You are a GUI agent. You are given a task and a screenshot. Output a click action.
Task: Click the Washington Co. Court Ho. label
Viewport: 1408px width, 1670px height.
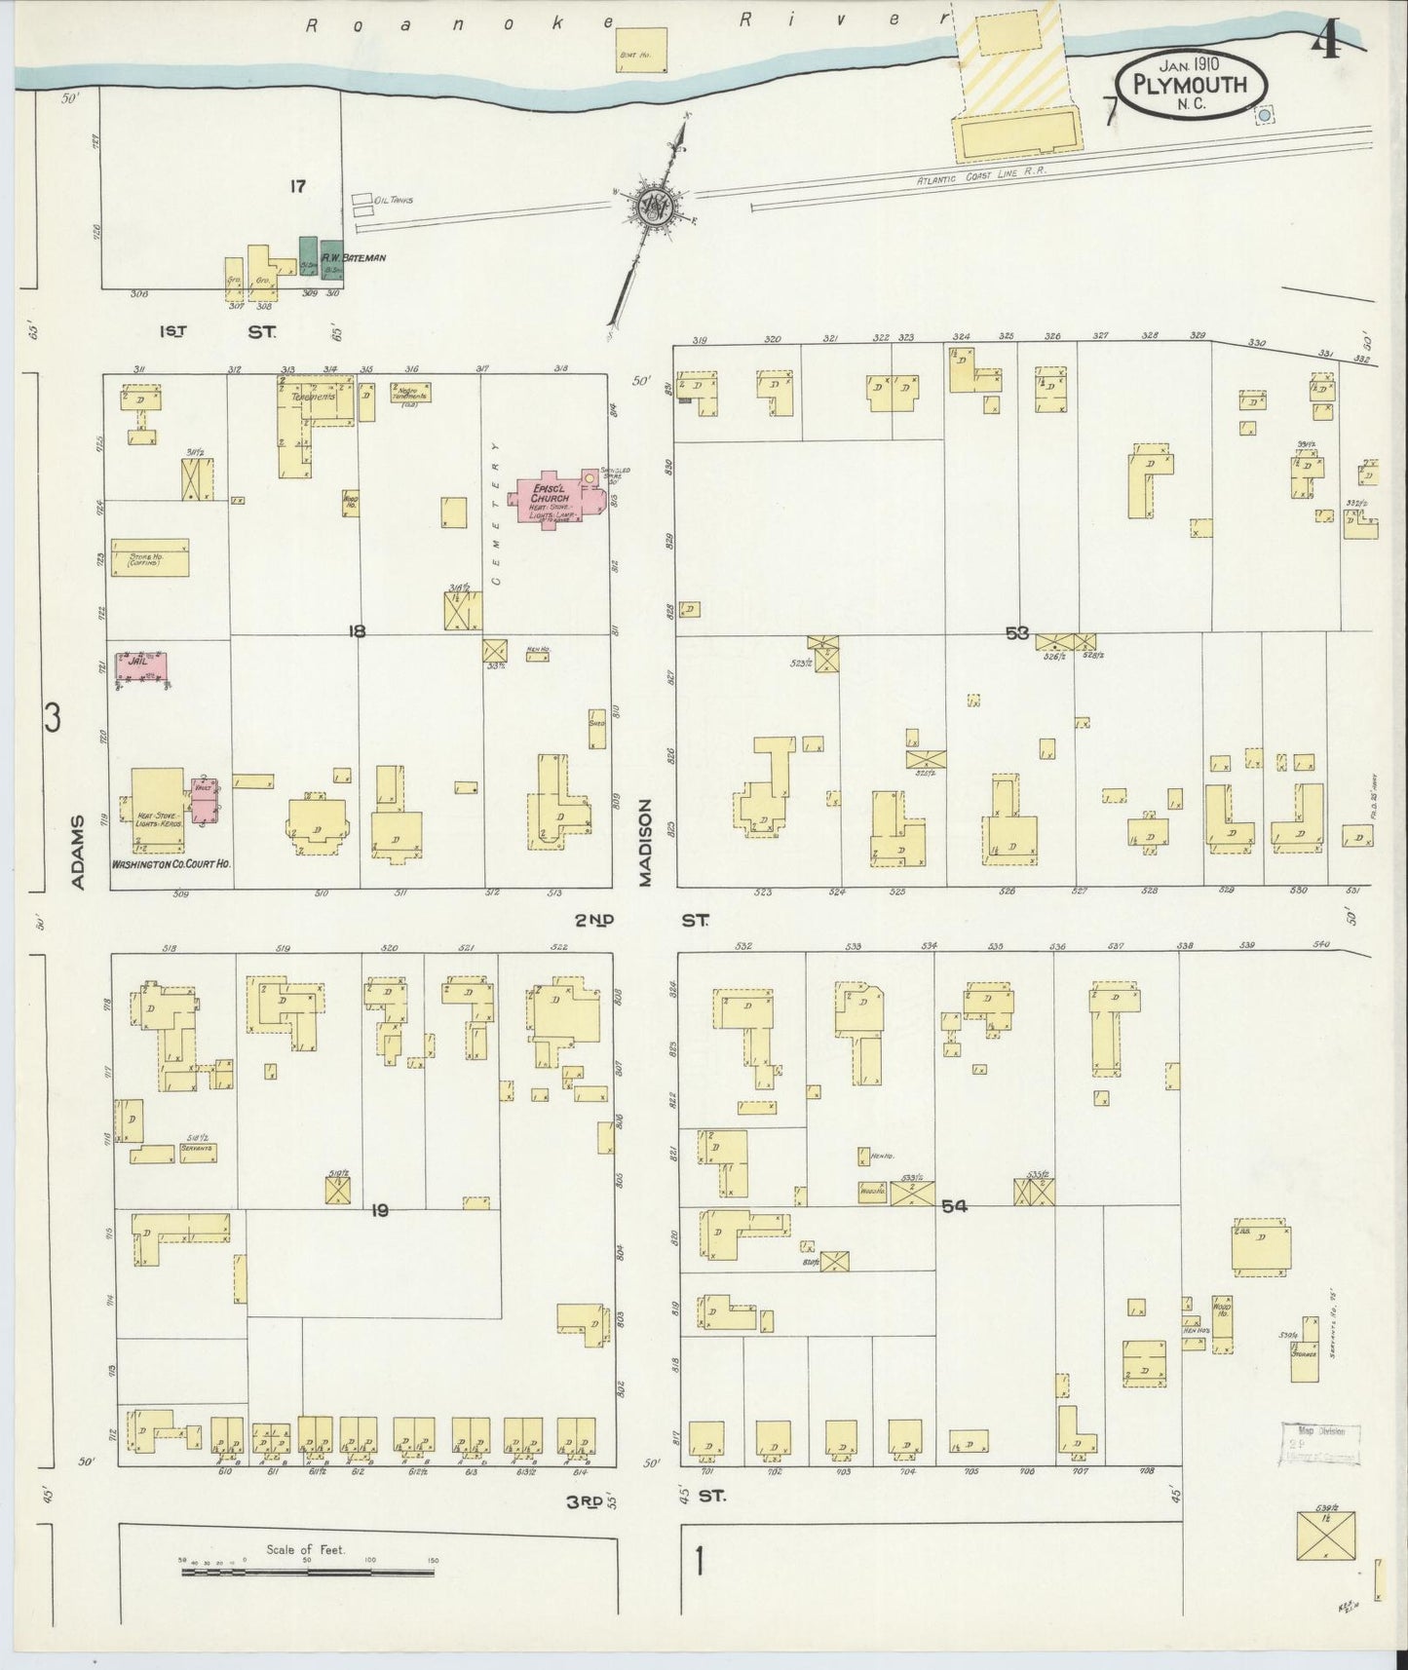pyautogui.click(x=171, y=863)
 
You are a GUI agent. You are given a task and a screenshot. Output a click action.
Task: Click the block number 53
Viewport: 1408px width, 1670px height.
pyautogui.click(x=1017, y=633)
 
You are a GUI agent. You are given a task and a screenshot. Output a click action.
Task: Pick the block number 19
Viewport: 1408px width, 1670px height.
pyautogui.click(x=380, y=1210)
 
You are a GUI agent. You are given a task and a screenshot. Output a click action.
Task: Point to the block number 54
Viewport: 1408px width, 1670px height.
pyautogui.click(x=954, y=1206)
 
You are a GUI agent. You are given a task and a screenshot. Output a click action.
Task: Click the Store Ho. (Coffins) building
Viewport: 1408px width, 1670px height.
pyautogui.click(x=150, y=557)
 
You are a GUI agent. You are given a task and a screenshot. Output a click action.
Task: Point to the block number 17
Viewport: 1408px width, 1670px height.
pyautogui.click(x=296, y=186)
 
